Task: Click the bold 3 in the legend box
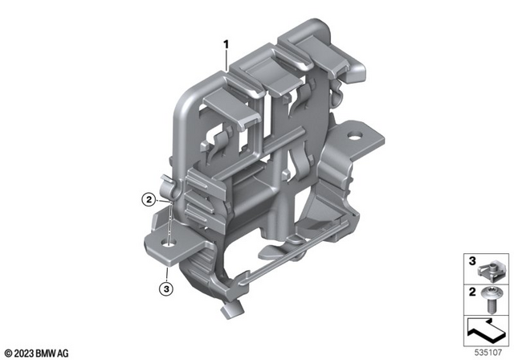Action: point(472,261)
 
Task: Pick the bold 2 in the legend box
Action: point(472,290)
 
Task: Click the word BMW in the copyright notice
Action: point(57,350)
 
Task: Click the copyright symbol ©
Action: point(8,350)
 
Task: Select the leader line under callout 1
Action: point(227,60)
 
